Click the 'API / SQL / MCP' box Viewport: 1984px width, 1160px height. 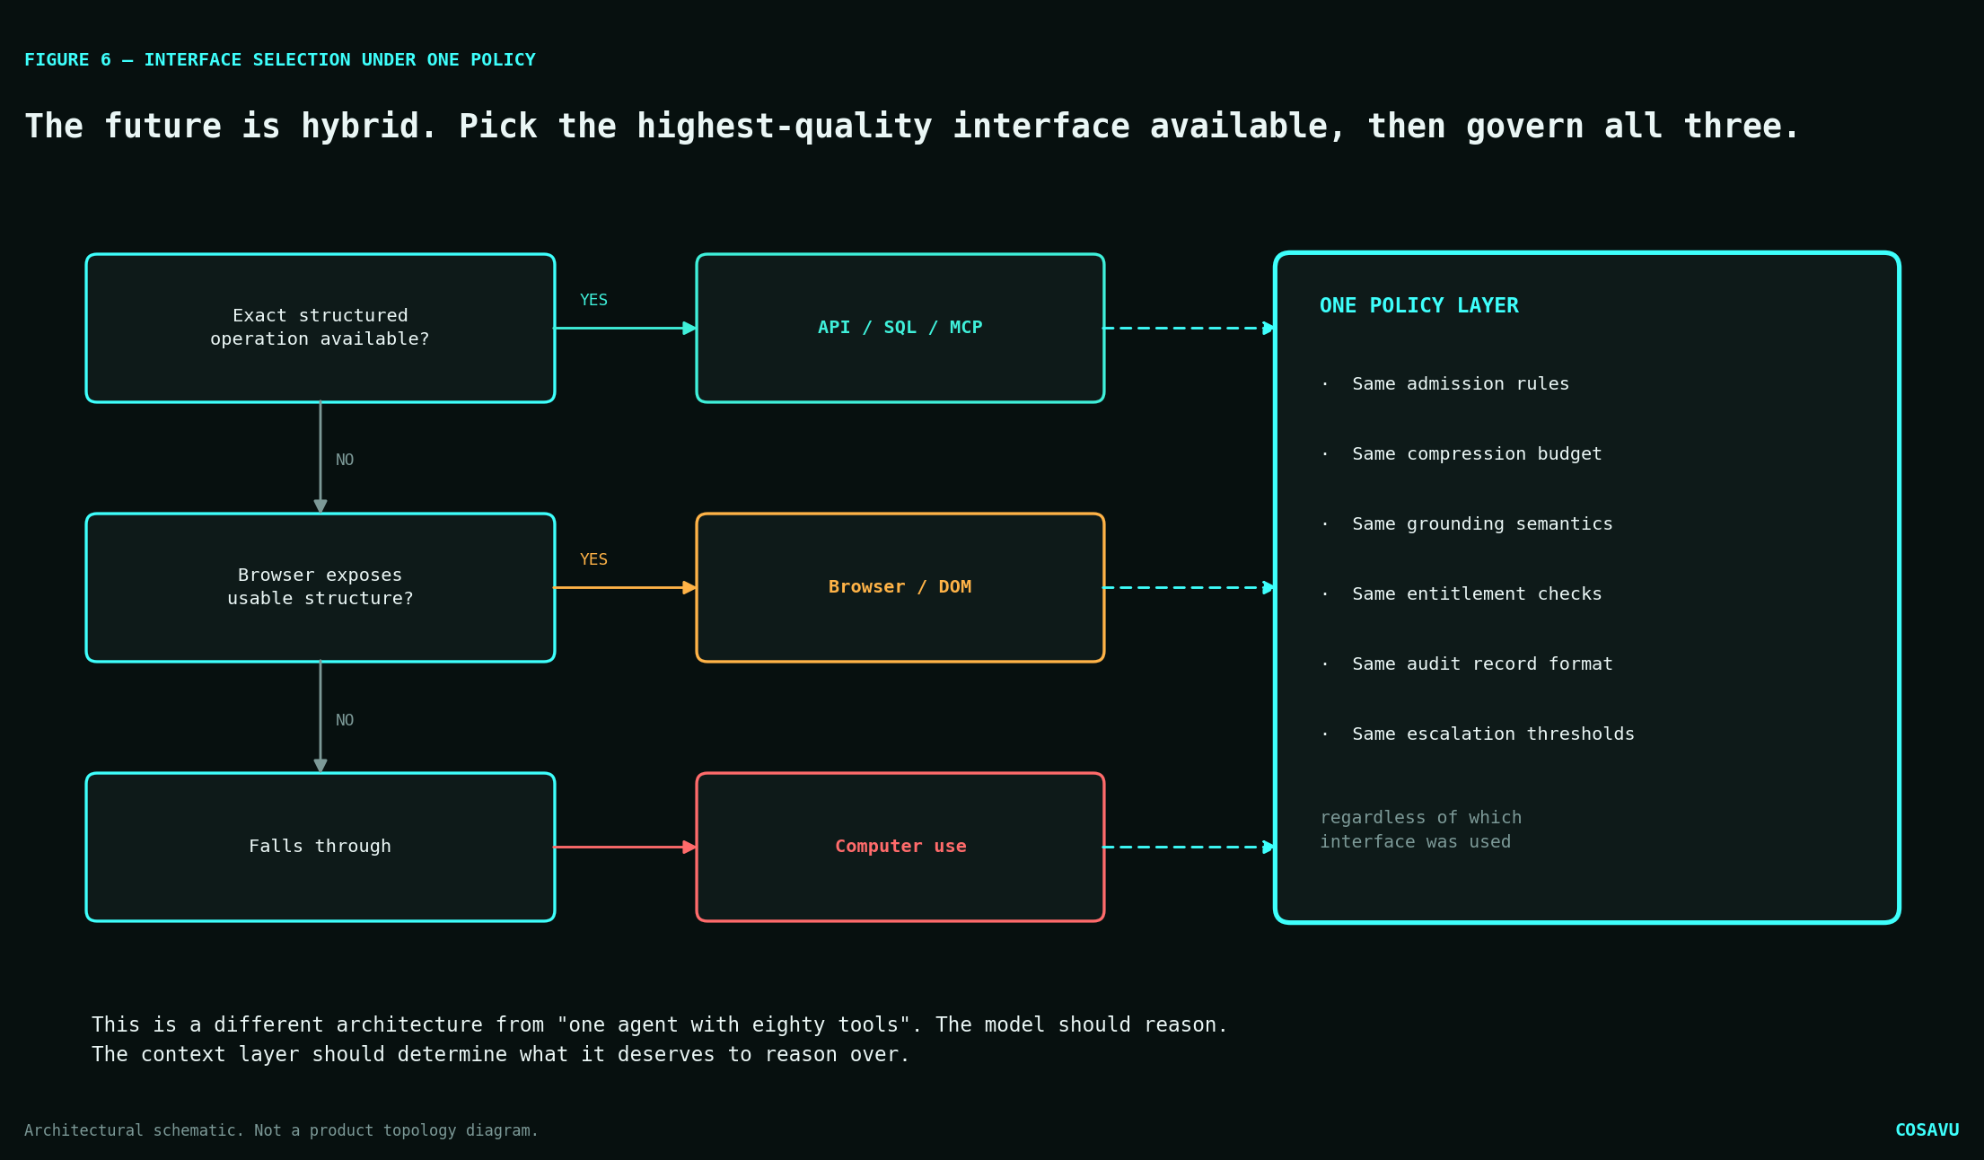[900, 328]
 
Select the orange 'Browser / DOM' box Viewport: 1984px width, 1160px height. [900, 587]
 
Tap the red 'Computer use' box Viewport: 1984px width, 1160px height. [900, 847]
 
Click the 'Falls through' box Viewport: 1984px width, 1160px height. [320, 847]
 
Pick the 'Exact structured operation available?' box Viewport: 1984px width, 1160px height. [320, 328]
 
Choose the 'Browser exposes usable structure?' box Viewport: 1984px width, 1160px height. [320, 587]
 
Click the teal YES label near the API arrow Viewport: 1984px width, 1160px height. [593, 300]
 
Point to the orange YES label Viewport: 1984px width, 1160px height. [593, 559]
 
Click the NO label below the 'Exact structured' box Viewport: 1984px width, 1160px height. [345, 460]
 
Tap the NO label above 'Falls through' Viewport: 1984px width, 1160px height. [345, 720]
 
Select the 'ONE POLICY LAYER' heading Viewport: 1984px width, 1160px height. [1419, 305]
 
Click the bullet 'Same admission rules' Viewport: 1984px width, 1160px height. [1461, 383]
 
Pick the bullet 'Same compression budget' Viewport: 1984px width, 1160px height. [1477, 453]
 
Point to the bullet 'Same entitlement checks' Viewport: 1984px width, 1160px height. [1477, 593]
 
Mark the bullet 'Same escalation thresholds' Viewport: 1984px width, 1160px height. [1493, 734]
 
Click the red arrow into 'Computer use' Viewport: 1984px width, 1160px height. [625, 847]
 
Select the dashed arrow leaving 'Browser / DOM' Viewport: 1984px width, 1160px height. [1190, 587]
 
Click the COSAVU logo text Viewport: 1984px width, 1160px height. [1927, 1129]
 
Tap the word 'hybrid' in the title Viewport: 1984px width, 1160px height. [360, 127]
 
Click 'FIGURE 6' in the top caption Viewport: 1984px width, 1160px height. [67, 59]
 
